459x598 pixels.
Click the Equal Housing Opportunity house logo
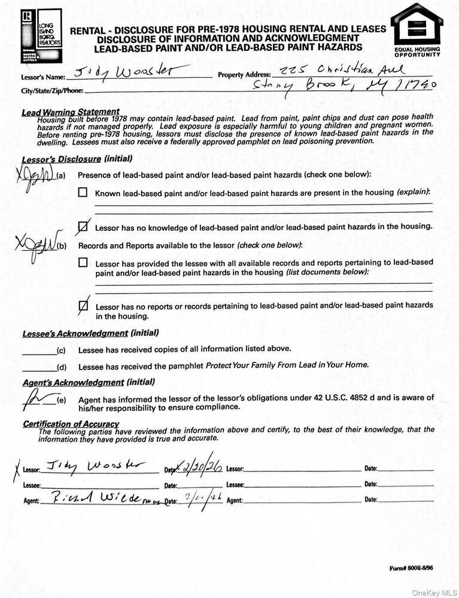coord(417,26)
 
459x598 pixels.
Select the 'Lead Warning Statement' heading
coord(70,112)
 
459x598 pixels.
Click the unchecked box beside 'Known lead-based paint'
coord(83,193)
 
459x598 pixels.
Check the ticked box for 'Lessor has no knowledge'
coord(84,227)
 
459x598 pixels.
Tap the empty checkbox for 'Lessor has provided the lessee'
coord(83,263)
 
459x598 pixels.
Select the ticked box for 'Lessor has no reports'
coord(84,306)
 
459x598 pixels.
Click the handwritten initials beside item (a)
coord(35,177)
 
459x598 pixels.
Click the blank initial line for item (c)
coord(39,350)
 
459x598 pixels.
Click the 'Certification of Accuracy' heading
coord(71,424)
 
